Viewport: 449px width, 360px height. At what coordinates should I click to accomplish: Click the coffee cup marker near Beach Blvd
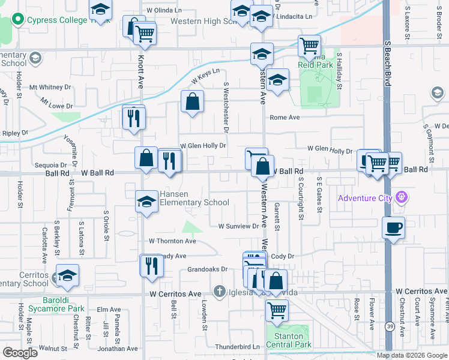click(x=393, y=227)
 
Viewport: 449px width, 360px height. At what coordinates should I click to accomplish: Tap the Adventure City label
click(x=364, y=199)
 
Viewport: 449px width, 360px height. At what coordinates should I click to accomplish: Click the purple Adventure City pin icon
click(x=402, y=197)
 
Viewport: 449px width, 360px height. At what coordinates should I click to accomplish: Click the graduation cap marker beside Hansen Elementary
click(x=146, y=202)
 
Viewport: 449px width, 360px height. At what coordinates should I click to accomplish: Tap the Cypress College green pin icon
click(x=19, y=19)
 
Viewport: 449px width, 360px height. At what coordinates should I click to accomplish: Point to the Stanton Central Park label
click(x=289, y=340)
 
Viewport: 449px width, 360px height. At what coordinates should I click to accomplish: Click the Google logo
click(x=20, y=352)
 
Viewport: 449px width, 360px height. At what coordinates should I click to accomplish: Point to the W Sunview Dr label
click(x=238, y=227)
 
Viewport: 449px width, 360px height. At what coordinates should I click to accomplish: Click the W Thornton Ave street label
click(x=172, y=241)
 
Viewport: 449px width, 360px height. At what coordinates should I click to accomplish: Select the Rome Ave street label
click(x=285, y=118)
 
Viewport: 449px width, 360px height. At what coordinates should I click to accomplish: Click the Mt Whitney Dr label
click(x=54, y=87)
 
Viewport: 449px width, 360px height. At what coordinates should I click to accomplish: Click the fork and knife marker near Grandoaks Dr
click(x=151, y=265)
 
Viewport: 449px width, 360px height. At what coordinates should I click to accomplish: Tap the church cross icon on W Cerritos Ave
click(x=221, y=291)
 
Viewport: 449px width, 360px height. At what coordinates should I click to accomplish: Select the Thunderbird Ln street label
click(x=237, y=347)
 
